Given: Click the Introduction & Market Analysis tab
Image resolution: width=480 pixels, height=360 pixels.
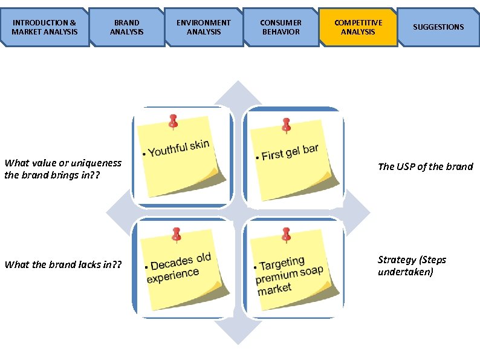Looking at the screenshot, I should pyautogui.click(x=45, y=27).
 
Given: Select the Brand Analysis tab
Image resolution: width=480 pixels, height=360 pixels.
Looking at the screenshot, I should pyautogui.click(x=126, y=27).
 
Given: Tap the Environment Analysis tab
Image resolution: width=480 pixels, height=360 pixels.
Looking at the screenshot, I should pyautogui.click(x=203, y=27).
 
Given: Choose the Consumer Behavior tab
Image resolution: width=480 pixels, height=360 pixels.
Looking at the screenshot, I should pyautogui.click(x=281, y=27).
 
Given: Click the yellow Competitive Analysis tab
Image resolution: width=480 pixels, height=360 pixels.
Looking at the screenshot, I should pyautogui.click(x=358, y=27).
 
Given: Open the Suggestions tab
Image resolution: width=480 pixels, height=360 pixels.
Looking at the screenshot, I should pyautogui.click(x=438, y=27).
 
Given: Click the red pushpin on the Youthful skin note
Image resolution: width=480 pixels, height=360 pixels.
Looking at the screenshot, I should pyautogui.click(x=174, y=121).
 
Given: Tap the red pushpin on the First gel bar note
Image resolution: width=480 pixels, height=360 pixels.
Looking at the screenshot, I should pyautogui.click(x=286, y=125).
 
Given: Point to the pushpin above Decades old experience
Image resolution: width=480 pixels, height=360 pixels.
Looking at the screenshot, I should pyautogui.click(x=176, y=234).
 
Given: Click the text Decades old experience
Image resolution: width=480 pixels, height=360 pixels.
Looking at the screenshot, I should pyautogui.click(x=178, y=268).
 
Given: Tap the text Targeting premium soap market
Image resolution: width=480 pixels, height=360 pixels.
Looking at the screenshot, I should pyautogui.click(x=289, y=275).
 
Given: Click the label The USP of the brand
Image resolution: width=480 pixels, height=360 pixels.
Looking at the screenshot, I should pyautogui.click(x=425, y=166).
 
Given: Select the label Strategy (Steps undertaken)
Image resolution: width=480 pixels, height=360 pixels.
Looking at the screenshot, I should pyautogui.click(x=412, y=266).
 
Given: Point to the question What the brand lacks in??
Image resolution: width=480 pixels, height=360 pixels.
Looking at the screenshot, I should pyautogui.click(x=63, y=264).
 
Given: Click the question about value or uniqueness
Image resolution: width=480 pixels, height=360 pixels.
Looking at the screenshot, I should pyautogui.click(x=63, y=169).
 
